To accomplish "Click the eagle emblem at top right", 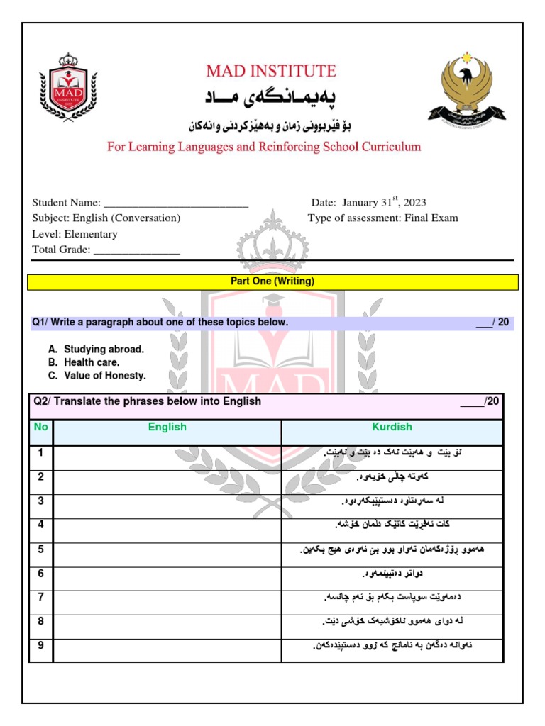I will tap(466, 87).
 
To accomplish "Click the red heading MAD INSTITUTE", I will tap(271, 71).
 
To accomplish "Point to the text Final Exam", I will tap(431, 218).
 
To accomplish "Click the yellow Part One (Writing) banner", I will tap(272, 281).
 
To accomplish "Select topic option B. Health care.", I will tap(84, 362).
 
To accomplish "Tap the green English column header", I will tap(167, 427).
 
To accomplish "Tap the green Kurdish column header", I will tap(392, 427).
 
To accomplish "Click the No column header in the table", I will tap(41, 427).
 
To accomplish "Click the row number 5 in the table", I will tap(41, 549).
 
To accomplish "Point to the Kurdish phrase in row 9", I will tap(392, 645).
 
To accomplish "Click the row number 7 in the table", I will tap(41, 597).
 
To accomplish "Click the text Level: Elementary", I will tap(75, 234).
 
